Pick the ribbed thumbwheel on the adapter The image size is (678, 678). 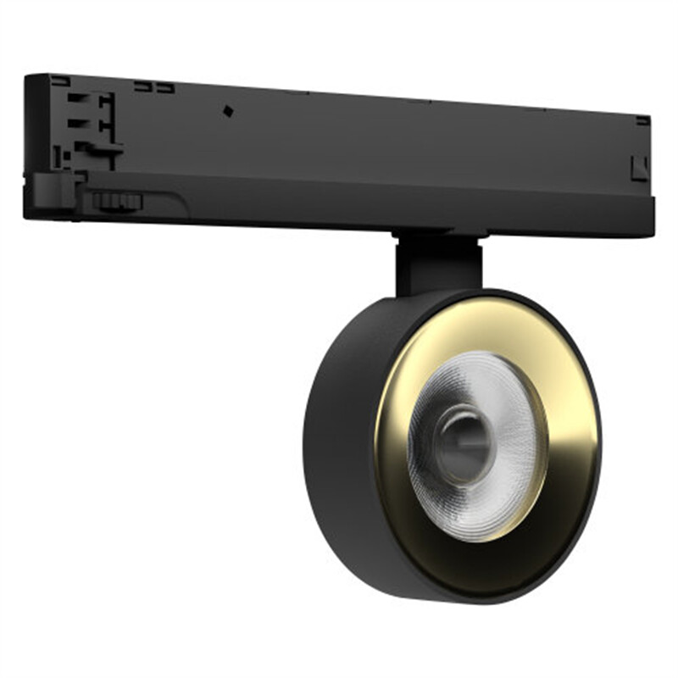tap(117, 201)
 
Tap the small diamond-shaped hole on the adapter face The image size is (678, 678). tap(227, 110)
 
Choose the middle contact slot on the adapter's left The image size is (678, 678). tap(78, 122)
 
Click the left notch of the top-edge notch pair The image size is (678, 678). tap(142, 86)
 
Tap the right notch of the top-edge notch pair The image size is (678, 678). tap(165, 87)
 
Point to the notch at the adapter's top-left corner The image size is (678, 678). tap(59, 81)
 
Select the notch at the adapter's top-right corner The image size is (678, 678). tap(642, 120)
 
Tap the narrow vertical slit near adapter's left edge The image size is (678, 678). tap(57, 157)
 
